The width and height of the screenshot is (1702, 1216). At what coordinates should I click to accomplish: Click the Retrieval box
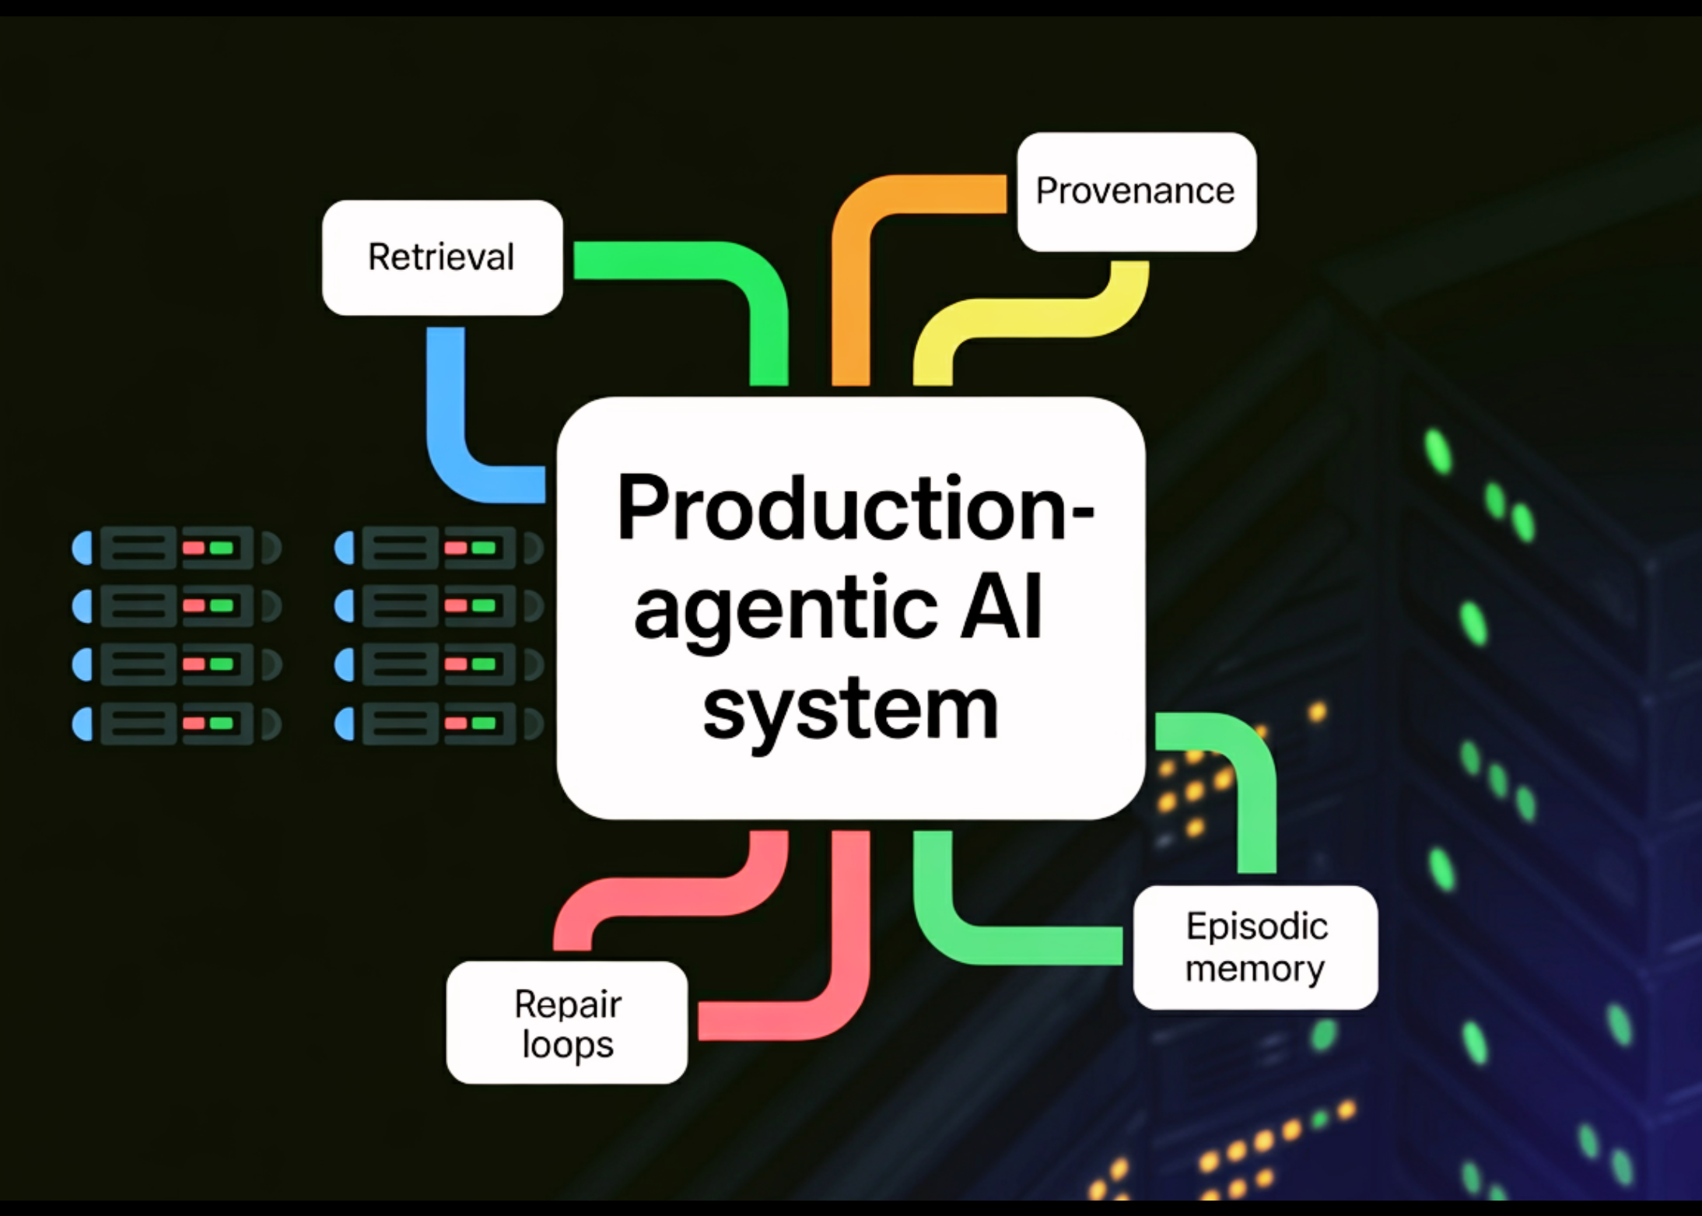(442, 258)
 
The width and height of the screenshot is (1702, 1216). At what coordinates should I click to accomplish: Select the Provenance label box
(1136, 191)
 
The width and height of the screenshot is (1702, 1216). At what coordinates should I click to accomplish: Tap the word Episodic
(1256, 926)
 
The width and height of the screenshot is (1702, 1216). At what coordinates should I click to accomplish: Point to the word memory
(1254, 969)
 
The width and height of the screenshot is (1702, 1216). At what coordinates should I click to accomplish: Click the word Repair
(568, 1004)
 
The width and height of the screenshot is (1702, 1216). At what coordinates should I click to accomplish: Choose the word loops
(568, 1044)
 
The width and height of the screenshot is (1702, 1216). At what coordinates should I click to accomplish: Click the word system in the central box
(849, 710)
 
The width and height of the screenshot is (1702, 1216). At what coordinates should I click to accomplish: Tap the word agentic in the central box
(786, 611)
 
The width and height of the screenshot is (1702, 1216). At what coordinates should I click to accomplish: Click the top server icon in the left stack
(176, 548)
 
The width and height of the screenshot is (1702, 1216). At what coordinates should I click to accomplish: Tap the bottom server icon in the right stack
(439, 724)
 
